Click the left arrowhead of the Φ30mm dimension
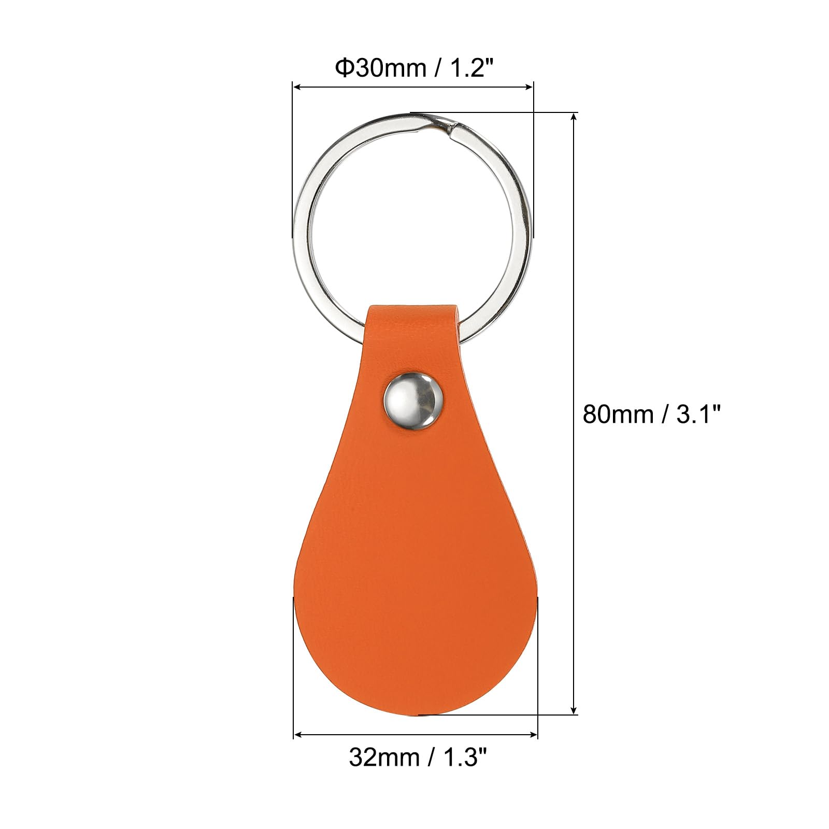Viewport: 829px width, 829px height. click(297, 87)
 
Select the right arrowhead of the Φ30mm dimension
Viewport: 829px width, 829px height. click(530, 87)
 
